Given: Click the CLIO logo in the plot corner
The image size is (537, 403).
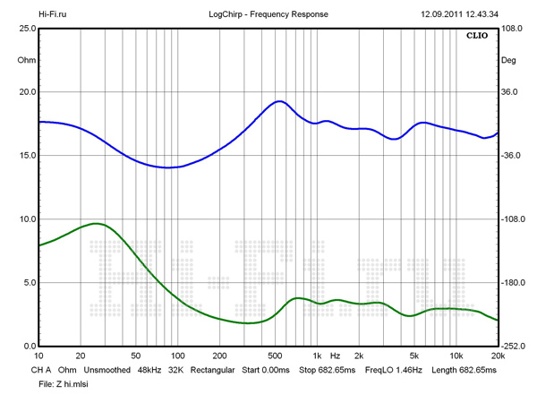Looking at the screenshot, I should point(477,37).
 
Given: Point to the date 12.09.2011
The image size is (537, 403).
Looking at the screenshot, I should point(442,15).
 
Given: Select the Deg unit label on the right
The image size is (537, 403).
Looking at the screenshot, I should point(509,61).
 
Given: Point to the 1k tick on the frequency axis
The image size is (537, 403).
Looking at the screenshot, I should point(317,356).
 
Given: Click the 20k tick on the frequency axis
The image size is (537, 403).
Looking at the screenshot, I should point(498,356).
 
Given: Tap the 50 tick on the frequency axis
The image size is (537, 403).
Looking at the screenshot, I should point(135,356).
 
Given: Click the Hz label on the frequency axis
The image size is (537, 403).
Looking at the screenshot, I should point(335,356).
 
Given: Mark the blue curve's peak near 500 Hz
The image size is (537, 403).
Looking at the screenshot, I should point(279,101).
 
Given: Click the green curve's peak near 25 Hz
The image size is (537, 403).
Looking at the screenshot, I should point(95,223).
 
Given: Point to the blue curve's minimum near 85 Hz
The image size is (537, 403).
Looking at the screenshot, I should point(166,167).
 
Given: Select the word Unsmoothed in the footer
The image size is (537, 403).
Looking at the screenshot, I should point(108,370).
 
